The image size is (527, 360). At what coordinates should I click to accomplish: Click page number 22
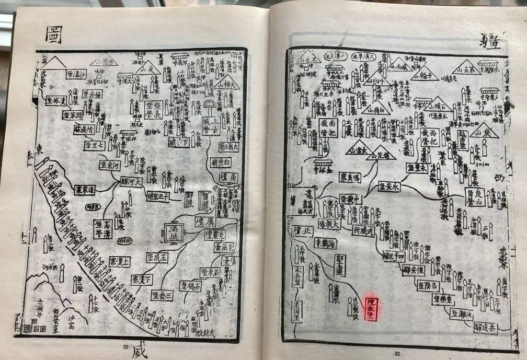(x=397, y=354)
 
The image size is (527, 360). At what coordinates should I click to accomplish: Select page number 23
(x=125, y=347)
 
